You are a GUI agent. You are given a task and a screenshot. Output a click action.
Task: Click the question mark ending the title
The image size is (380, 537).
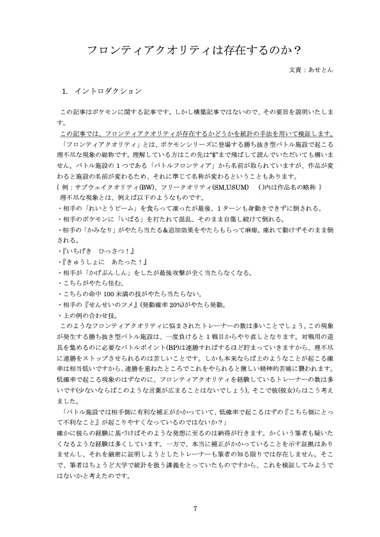coord(298,49)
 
